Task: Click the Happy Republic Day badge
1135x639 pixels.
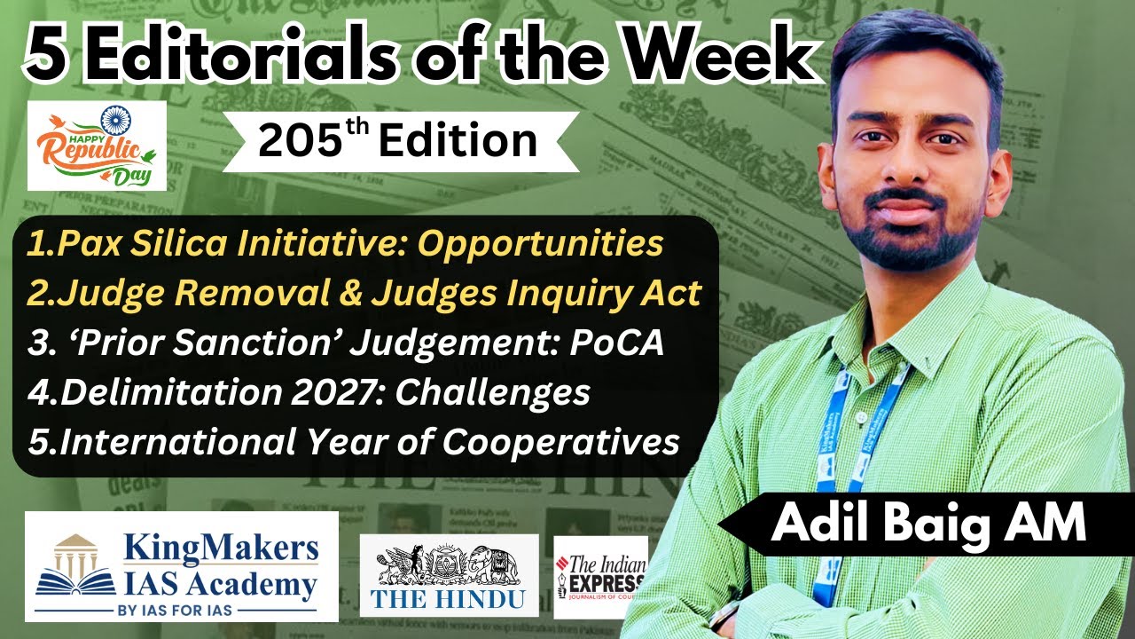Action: (x=97, y=145)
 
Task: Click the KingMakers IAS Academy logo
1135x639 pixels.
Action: (x=182, y=565)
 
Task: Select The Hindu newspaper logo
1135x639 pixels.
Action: (x=449, y=574)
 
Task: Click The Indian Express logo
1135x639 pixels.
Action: (x=600, y=575)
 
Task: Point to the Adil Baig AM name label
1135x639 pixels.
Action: (x=928, y=524)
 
